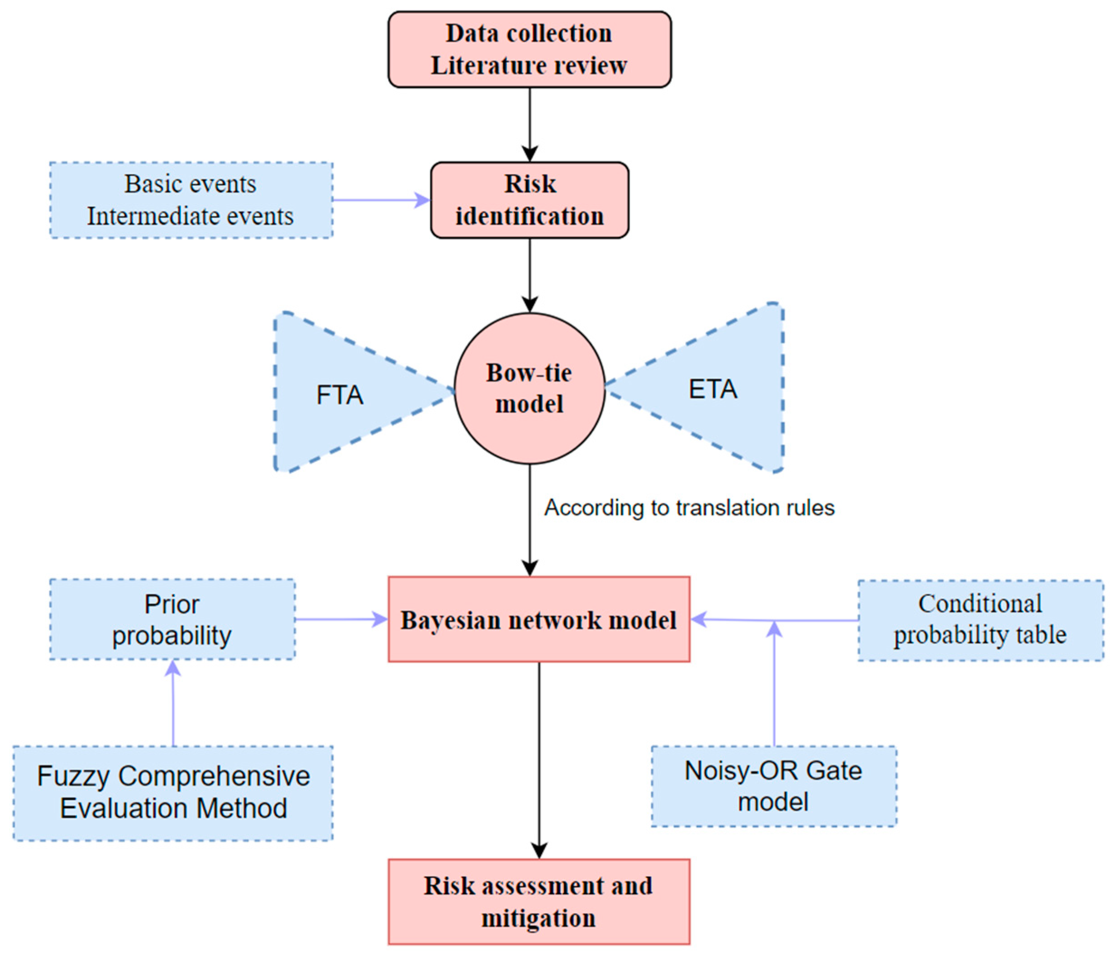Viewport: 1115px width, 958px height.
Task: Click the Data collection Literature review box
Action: tap(529, 49)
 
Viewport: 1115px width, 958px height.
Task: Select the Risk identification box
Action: tap(529, 200)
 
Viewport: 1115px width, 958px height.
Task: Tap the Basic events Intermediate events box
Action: tap(191, 200)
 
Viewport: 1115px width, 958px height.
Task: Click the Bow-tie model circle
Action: tap(529, 388)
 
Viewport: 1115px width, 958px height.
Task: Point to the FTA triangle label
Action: tap(339, 395)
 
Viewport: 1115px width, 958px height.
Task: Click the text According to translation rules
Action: tap(689, 508)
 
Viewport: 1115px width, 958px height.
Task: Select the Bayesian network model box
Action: tap(538, 619)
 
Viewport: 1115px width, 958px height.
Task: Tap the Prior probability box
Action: tap(172, 619)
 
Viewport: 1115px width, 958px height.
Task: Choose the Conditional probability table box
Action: tap(980, 619)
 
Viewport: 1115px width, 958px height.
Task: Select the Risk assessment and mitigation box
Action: tap(538, 901)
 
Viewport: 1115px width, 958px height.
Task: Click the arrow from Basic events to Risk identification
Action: tap(381, 200)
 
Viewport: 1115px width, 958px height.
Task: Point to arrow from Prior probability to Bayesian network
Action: tap(341, 619)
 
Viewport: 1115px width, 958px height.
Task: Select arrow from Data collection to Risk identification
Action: tap(529, 124)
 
